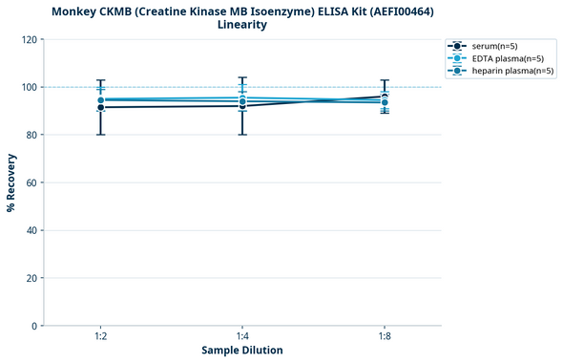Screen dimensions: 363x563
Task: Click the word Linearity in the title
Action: pyautogui.click(x=242, y=25)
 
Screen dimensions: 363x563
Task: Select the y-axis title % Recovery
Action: pyautogui.click(x=11, y=182)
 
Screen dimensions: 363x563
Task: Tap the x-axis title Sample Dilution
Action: pyautogui.click(x=242, y=351)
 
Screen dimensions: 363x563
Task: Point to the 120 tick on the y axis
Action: pyautogui.click(x=29, y=39)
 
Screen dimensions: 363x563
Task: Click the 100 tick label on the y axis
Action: pyautogui.click(x=29, y=87)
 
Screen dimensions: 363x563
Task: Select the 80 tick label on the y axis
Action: pyautogui.click(x=31, y=135)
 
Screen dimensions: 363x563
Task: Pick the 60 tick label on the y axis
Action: pyautogui.click(x=31, y=182)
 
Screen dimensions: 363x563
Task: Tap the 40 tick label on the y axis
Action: pyautogui.click(x=31, y=230)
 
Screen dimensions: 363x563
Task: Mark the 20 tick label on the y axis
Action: pyautogui.click(x=31, y=278)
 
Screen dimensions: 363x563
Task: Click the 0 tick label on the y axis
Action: pyautogui.click(x=34, y=326)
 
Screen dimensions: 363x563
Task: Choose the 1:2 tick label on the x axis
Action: pyautogui.click(x=100, y=335)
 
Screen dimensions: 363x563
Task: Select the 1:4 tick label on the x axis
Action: pyautogui.click(x=242, y=335)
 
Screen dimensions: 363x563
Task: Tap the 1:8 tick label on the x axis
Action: pyautogui.click(x=385, y=335)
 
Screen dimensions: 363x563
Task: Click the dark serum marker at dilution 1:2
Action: pyautogui.click(x=100, y=107)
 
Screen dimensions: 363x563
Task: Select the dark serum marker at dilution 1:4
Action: pyautogui.click(x=242, y=106)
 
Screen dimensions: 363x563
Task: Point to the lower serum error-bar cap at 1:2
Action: pyautogui.click(x=100, y=135)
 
